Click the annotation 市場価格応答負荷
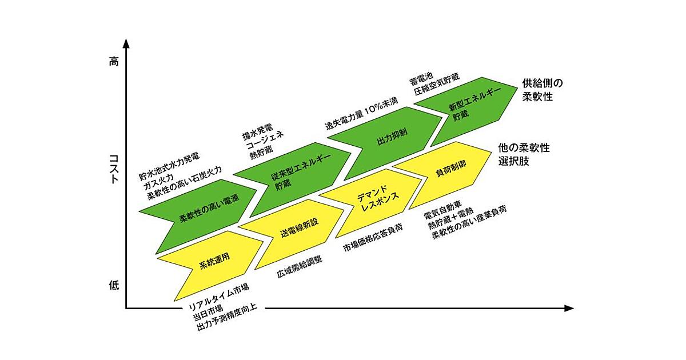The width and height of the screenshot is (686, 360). coord(372,237)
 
